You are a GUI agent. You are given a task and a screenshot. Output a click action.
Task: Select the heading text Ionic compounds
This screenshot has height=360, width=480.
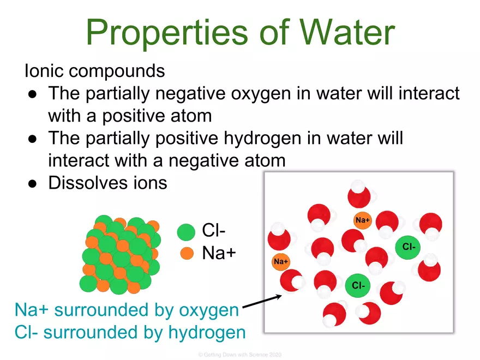94,71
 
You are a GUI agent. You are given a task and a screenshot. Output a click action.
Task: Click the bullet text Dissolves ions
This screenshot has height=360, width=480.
107,182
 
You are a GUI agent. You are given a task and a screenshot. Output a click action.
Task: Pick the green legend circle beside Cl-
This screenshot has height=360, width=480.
187,232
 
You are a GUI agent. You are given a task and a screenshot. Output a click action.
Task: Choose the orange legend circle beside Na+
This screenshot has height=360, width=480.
187,253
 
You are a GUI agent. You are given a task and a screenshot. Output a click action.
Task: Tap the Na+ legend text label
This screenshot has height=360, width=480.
219,253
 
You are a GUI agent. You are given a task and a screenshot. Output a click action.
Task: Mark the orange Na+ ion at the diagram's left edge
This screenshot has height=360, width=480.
281,262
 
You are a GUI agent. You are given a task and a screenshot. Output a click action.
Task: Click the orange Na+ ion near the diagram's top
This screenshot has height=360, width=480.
362,220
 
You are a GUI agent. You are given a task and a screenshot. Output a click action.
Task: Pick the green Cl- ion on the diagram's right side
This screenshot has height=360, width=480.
409,247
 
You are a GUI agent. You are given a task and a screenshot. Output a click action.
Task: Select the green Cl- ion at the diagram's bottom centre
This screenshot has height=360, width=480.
358,285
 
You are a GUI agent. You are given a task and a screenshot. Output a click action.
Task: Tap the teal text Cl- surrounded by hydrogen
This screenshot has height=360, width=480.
130,332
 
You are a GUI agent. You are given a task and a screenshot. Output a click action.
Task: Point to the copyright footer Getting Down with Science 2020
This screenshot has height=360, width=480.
239,355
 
